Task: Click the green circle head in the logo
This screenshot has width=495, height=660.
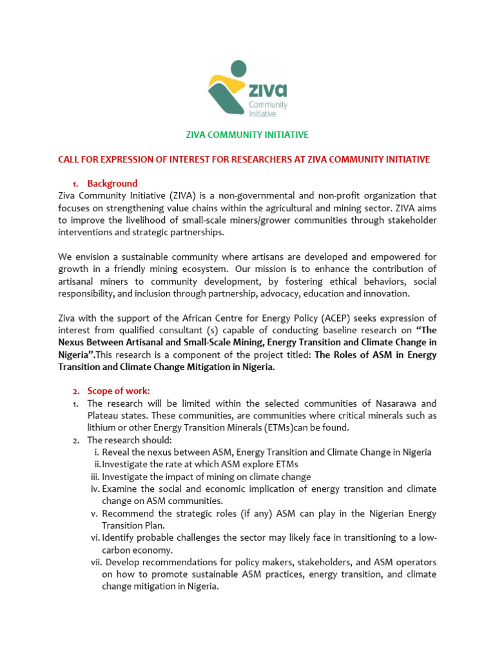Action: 238,68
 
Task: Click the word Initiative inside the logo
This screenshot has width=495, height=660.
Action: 262,113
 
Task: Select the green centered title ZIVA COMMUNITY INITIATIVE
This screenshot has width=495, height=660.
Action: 247,135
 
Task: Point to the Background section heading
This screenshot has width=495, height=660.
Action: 112,183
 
